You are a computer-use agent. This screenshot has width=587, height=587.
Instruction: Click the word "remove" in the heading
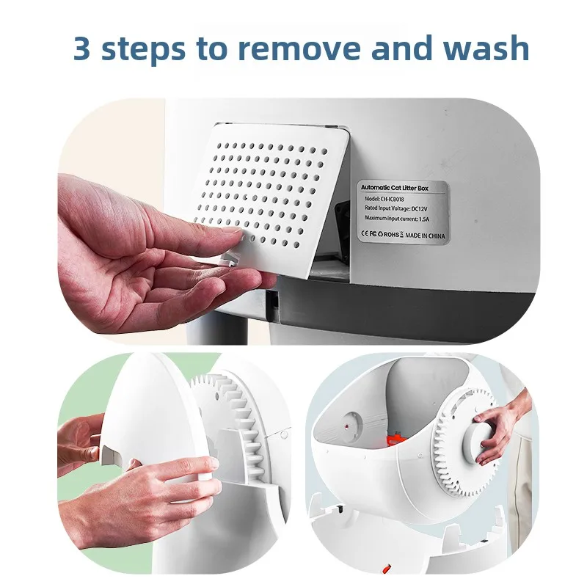tap(299, 48)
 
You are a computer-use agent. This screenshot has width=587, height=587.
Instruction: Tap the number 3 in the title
tap(81, 48)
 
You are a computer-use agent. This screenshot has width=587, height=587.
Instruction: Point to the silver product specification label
tap(402, 213)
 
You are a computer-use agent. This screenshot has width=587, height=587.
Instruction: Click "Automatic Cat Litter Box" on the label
tap(395, 188)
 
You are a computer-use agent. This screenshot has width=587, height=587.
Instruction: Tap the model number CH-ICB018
tap(393, 199)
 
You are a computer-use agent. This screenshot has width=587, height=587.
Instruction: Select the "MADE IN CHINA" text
tap(426, 236)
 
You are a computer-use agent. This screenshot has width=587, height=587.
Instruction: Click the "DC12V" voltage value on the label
tap(419, 208)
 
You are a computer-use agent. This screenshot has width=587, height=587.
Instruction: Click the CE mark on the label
tap(365, 233)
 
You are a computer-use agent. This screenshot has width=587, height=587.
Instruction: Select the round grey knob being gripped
tap(479, 442)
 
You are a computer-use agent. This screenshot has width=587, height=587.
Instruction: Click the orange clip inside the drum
tap(393, 439)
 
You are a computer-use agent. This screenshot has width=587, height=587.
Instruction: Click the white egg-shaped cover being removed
tap(153, 415)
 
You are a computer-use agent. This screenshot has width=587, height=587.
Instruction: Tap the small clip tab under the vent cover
tap(227, 259)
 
